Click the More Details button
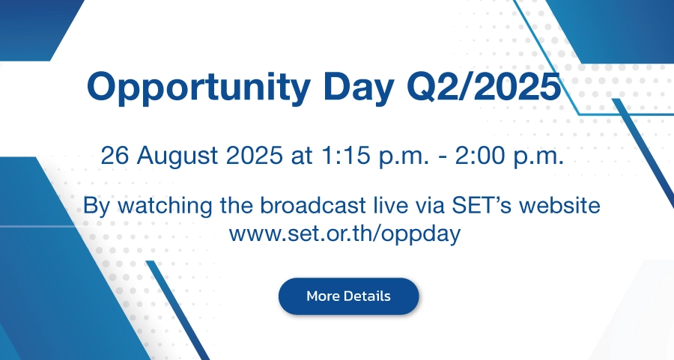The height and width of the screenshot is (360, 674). pos(348,296)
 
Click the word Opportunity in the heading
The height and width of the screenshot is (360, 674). pos(198,88)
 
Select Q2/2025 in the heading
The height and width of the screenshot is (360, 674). pos(484,86)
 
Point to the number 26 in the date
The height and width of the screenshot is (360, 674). pos(115,155)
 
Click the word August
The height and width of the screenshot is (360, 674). pos(177,156)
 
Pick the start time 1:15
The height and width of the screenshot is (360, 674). pos(345,155)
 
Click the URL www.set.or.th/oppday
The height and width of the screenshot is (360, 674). pos(344,234)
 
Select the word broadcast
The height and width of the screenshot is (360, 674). pos(313,205)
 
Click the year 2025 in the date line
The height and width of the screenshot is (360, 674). pos(254,155)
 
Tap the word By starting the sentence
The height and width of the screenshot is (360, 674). pos(97,207)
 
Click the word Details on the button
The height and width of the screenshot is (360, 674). pos(367,296)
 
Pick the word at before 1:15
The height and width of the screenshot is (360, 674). pos(301,156)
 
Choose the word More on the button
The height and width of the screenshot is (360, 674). pos(324,296)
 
